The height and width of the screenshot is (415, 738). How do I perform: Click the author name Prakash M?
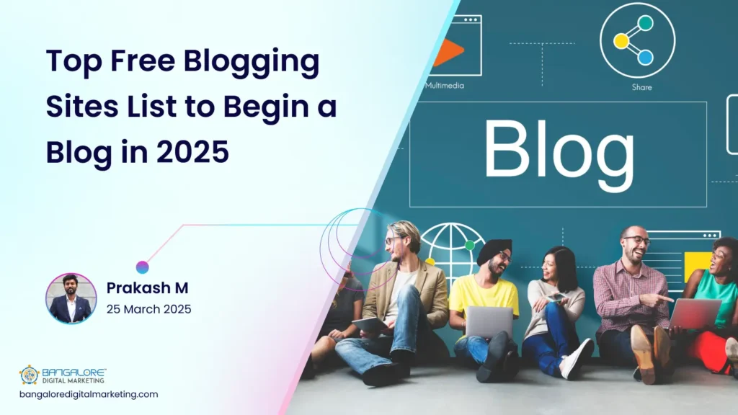148,287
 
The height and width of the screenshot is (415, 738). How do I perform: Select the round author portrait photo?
71,298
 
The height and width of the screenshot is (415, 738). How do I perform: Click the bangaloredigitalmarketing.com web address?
89,394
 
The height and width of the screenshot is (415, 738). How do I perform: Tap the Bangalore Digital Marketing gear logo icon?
29,375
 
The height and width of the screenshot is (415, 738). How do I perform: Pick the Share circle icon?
637,40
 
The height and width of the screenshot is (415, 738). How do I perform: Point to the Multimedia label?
445,85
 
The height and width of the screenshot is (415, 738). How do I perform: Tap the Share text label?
641,87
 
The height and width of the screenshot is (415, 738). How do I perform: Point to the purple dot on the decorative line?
142,267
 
